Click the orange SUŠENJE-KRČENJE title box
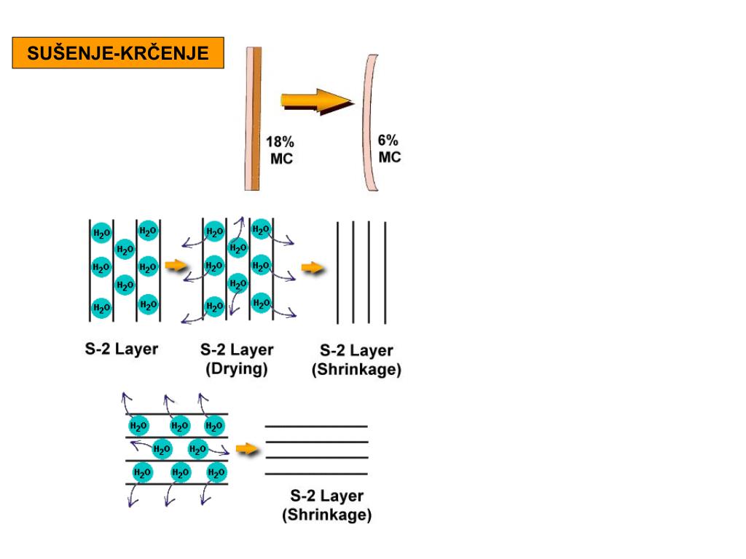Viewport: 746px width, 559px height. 117,54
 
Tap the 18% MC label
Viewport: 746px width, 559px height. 280,151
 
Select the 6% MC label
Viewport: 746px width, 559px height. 389,148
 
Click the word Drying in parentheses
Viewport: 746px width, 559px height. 236,369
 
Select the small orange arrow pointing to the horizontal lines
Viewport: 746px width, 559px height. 248,449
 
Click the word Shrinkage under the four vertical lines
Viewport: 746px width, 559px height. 356,370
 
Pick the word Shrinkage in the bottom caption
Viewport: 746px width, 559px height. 326,516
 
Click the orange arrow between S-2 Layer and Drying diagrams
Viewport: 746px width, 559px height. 176,266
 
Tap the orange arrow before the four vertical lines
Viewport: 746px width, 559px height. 313,269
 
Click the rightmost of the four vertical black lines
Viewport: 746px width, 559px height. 385,272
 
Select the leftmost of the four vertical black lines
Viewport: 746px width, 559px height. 337,272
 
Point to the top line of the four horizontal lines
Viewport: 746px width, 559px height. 315,426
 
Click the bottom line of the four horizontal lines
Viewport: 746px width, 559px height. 315,474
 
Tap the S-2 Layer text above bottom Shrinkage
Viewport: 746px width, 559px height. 326,497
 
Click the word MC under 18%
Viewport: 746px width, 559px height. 281,159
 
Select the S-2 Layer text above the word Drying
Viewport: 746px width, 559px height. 237,350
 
